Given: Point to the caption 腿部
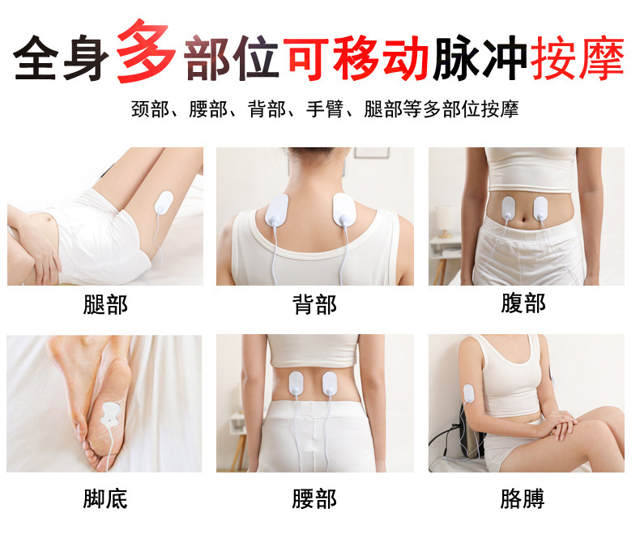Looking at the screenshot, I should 105,305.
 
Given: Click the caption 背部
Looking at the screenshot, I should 314,305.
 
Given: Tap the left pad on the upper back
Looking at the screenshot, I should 279,212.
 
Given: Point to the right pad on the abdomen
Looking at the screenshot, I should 540,207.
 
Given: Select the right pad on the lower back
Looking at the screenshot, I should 331,384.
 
